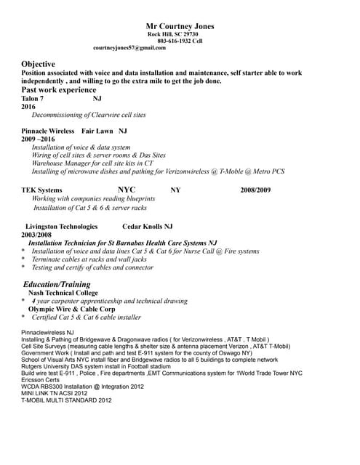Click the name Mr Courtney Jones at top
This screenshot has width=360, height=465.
[x=180, y=26]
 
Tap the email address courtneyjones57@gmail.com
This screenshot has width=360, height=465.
[x=130, y=47]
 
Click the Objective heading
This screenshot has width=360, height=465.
[x=38, y=64]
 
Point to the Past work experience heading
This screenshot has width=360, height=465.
[x=58, y=89]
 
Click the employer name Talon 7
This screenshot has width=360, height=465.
[x=33, y=98]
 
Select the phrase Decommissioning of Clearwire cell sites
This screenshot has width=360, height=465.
[x=89, y=115]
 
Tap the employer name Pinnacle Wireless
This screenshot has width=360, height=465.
[x=48, y=131]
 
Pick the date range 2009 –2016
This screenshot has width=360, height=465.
[x=38, y=139]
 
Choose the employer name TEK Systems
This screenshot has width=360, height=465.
[x=41, y=190]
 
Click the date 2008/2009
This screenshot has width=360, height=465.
[x=255, y=190]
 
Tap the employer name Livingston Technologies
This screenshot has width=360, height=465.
[x=61, y=226]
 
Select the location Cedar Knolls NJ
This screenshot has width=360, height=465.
[x=147, y=226]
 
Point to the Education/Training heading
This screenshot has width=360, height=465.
[x=57, y=284]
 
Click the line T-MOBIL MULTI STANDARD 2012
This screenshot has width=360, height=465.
[x=66, y=400]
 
